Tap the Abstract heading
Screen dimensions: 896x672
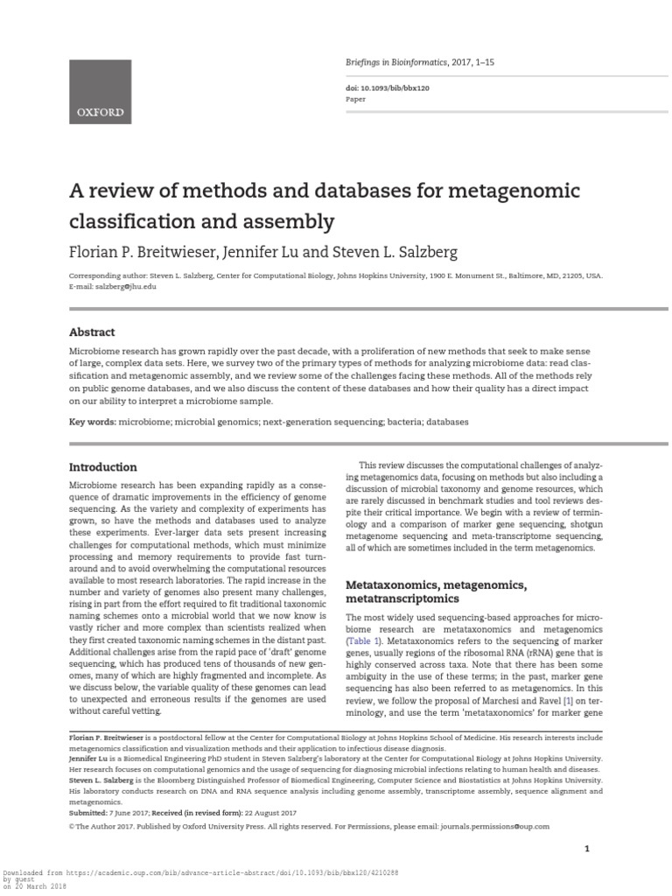(x=92, y=332)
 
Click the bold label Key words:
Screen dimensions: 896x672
(x=94, y=422)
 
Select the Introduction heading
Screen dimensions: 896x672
(x=102, y=467)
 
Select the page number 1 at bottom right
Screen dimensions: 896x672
(x=587, y=849)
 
